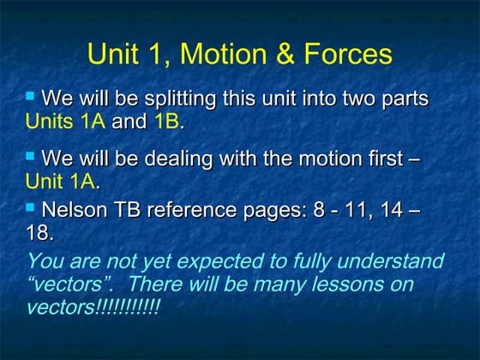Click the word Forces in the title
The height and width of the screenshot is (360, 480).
(x=343, y=55)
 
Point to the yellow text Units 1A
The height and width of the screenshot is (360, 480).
(x=65, y=121)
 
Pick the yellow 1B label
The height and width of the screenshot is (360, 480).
(x=166, y=121)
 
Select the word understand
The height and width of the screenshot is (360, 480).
(x=389, y=261)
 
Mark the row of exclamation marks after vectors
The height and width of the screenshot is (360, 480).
(x=129, y=307)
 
